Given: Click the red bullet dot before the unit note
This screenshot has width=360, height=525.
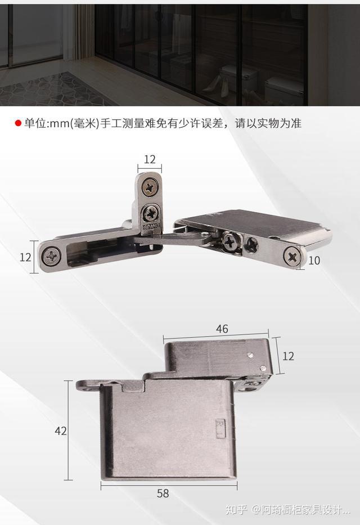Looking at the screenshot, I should click(18, 123).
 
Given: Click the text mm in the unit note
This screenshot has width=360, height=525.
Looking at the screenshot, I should click(59, 123).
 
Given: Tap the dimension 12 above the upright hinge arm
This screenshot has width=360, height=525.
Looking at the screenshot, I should click(150, 159).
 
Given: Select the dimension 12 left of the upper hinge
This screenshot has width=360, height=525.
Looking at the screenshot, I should click(25, 257).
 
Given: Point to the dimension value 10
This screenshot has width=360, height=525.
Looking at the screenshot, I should click(314, 261).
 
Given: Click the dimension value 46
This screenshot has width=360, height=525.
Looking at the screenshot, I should click(222, 329).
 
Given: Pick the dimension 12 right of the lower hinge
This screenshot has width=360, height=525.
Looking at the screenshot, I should click(288, 356).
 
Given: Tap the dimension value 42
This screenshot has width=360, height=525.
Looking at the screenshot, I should click(61, 431).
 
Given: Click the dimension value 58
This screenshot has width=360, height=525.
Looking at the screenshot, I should click(163, 493).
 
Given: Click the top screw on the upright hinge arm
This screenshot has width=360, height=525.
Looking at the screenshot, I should click(150, 187).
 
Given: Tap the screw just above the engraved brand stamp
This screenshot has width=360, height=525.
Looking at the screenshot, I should click(151, 213).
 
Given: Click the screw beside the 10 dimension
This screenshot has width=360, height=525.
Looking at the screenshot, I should click(293, 256).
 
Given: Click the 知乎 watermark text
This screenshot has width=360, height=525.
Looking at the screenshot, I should click(236, 510).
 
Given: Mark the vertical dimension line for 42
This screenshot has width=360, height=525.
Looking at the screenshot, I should click(69, 430).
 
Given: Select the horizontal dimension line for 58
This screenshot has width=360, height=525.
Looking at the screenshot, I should click(169, 482).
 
